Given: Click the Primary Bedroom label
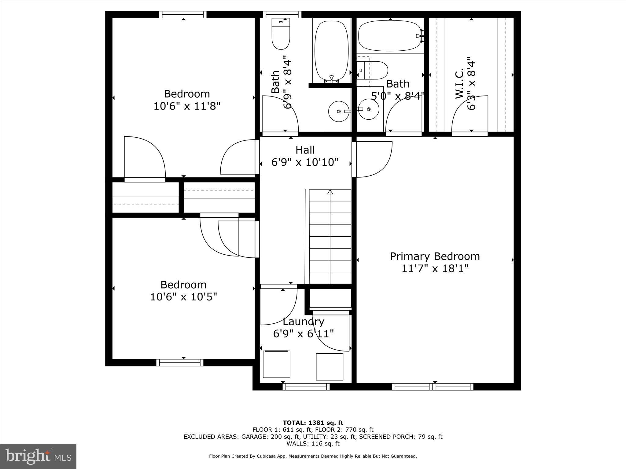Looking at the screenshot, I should pos(435,256).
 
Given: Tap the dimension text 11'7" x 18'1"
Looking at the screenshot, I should pos(435,269).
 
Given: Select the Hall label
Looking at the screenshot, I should pos(305,150).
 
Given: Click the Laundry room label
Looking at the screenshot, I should pos(303,322).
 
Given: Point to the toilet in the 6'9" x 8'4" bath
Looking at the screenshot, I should pos(281,34).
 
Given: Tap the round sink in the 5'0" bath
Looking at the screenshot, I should pos(369,109).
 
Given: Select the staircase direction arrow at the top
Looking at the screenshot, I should pos(330,192).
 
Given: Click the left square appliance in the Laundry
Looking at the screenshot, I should pos(276,364).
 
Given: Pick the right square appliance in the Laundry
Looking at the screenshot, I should pos(330,366).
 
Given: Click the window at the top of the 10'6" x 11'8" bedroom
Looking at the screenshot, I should pos(183,14).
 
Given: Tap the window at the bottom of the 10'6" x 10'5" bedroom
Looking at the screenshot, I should pos(180,362).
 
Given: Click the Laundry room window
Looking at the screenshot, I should pos(306,387).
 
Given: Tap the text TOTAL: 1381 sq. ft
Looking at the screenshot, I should pos(313,423).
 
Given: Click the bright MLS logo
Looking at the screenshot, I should pos(38,456).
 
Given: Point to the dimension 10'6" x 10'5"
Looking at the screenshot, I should pos(183,297).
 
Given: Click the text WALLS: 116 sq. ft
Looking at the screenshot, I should pos(313,444).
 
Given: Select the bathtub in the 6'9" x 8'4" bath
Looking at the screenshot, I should pos(331,50).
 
